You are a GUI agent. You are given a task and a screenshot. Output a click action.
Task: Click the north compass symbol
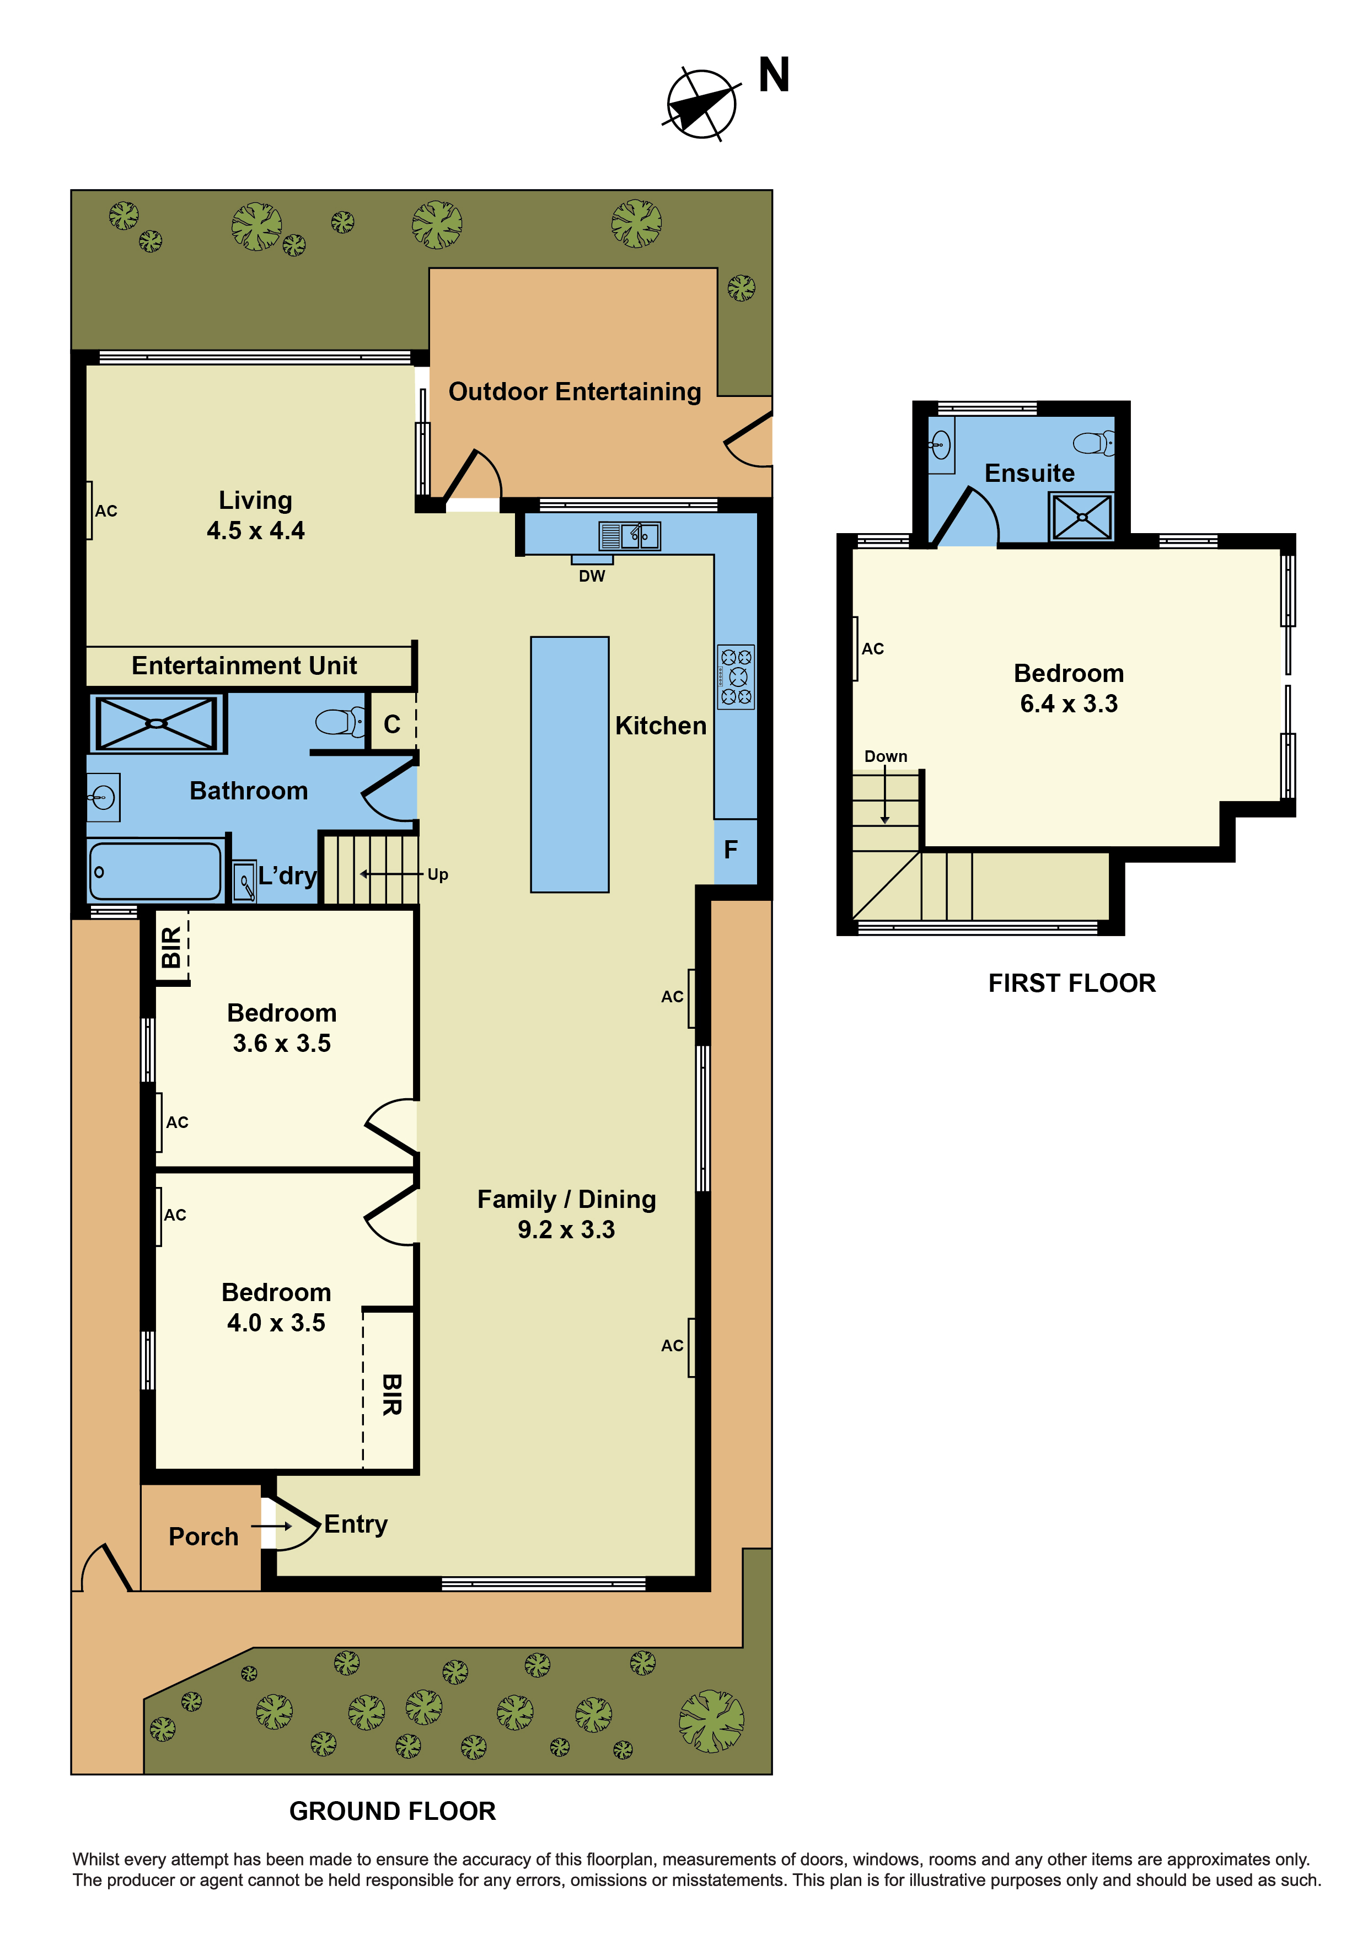701,104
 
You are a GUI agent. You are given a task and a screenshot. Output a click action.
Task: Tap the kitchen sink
630,536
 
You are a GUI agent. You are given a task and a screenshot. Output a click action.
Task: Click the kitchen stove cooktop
736,676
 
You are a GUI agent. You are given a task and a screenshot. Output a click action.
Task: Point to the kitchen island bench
570,764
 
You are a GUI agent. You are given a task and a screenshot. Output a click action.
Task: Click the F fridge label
731,849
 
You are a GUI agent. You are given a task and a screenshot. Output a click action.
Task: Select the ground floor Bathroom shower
157,723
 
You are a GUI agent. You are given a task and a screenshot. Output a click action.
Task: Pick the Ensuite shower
1082,517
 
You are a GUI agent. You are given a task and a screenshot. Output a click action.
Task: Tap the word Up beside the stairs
437,874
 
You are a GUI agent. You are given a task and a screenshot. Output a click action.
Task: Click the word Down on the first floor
886,756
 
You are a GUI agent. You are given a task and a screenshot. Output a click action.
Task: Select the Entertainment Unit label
244,665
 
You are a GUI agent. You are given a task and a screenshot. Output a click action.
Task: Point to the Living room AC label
106,511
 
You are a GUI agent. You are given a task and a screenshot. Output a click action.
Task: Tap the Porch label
203,1537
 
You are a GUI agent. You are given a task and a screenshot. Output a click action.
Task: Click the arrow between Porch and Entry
272,1525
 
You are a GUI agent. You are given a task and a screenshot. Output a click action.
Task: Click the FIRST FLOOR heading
1071,983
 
